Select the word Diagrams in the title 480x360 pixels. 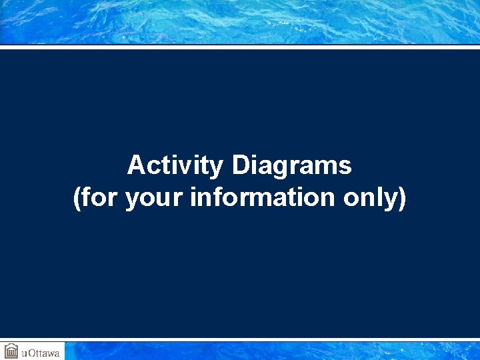(291, 165)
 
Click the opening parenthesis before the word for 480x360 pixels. (77, 198)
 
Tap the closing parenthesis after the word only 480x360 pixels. (402, 198)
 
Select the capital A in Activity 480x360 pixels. (135, 165)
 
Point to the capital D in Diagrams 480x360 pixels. (240, 165)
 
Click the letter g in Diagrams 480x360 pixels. (282, 167)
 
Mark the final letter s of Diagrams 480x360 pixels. (345, 166)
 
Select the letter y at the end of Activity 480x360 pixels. (216, 167)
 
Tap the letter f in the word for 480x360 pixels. (87, 198)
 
